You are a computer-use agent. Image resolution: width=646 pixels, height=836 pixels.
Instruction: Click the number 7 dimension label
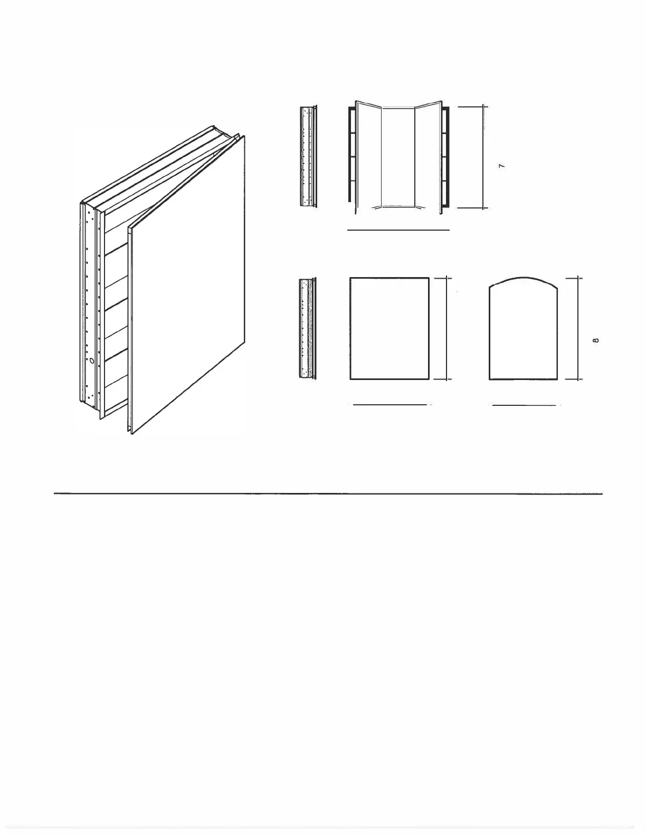pyautogui.click(x=502, y=166)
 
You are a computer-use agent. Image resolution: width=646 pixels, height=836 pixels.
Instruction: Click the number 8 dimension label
pyautogui.click(x=596, y=340)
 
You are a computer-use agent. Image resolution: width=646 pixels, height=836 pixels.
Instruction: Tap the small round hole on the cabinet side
pyautogui.click(x=92, y=361)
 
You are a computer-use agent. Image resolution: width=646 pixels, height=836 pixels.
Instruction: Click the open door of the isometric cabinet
pyautogui.click(x=187, y=284)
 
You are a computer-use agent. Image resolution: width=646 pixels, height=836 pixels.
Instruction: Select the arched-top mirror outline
pyautogui.click(x=489, y=331)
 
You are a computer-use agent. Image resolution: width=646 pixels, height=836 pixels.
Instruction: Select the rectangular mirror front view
pyautogui.click(x=389, y=329)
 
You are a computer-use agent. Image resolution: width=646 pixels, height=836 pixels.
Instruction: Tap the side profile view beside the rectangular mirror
pyautogui.click(x=308, y=328)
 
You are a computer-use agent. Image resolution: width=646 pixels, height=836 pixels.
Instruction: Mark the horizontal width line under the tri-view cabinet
pyautogui.click(x=398, y=230)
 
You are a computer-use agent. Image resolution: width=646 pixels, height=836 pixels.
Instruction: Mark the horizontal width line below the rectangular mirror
pyautogui.click(x=389, y=405)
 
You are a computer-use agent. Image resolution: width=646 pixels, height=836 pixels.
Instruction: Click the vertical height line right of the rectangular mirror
pyautogui.click(x=446, y=328)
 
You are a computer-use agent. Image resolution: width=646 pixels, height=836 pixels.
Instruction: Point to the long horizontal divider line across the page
pyautogui.click(x=328, y=493)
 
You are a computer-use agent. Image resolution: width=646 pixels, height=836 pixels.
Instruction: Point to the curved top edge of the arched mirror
pyautogui.click(x=524, y=278)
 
